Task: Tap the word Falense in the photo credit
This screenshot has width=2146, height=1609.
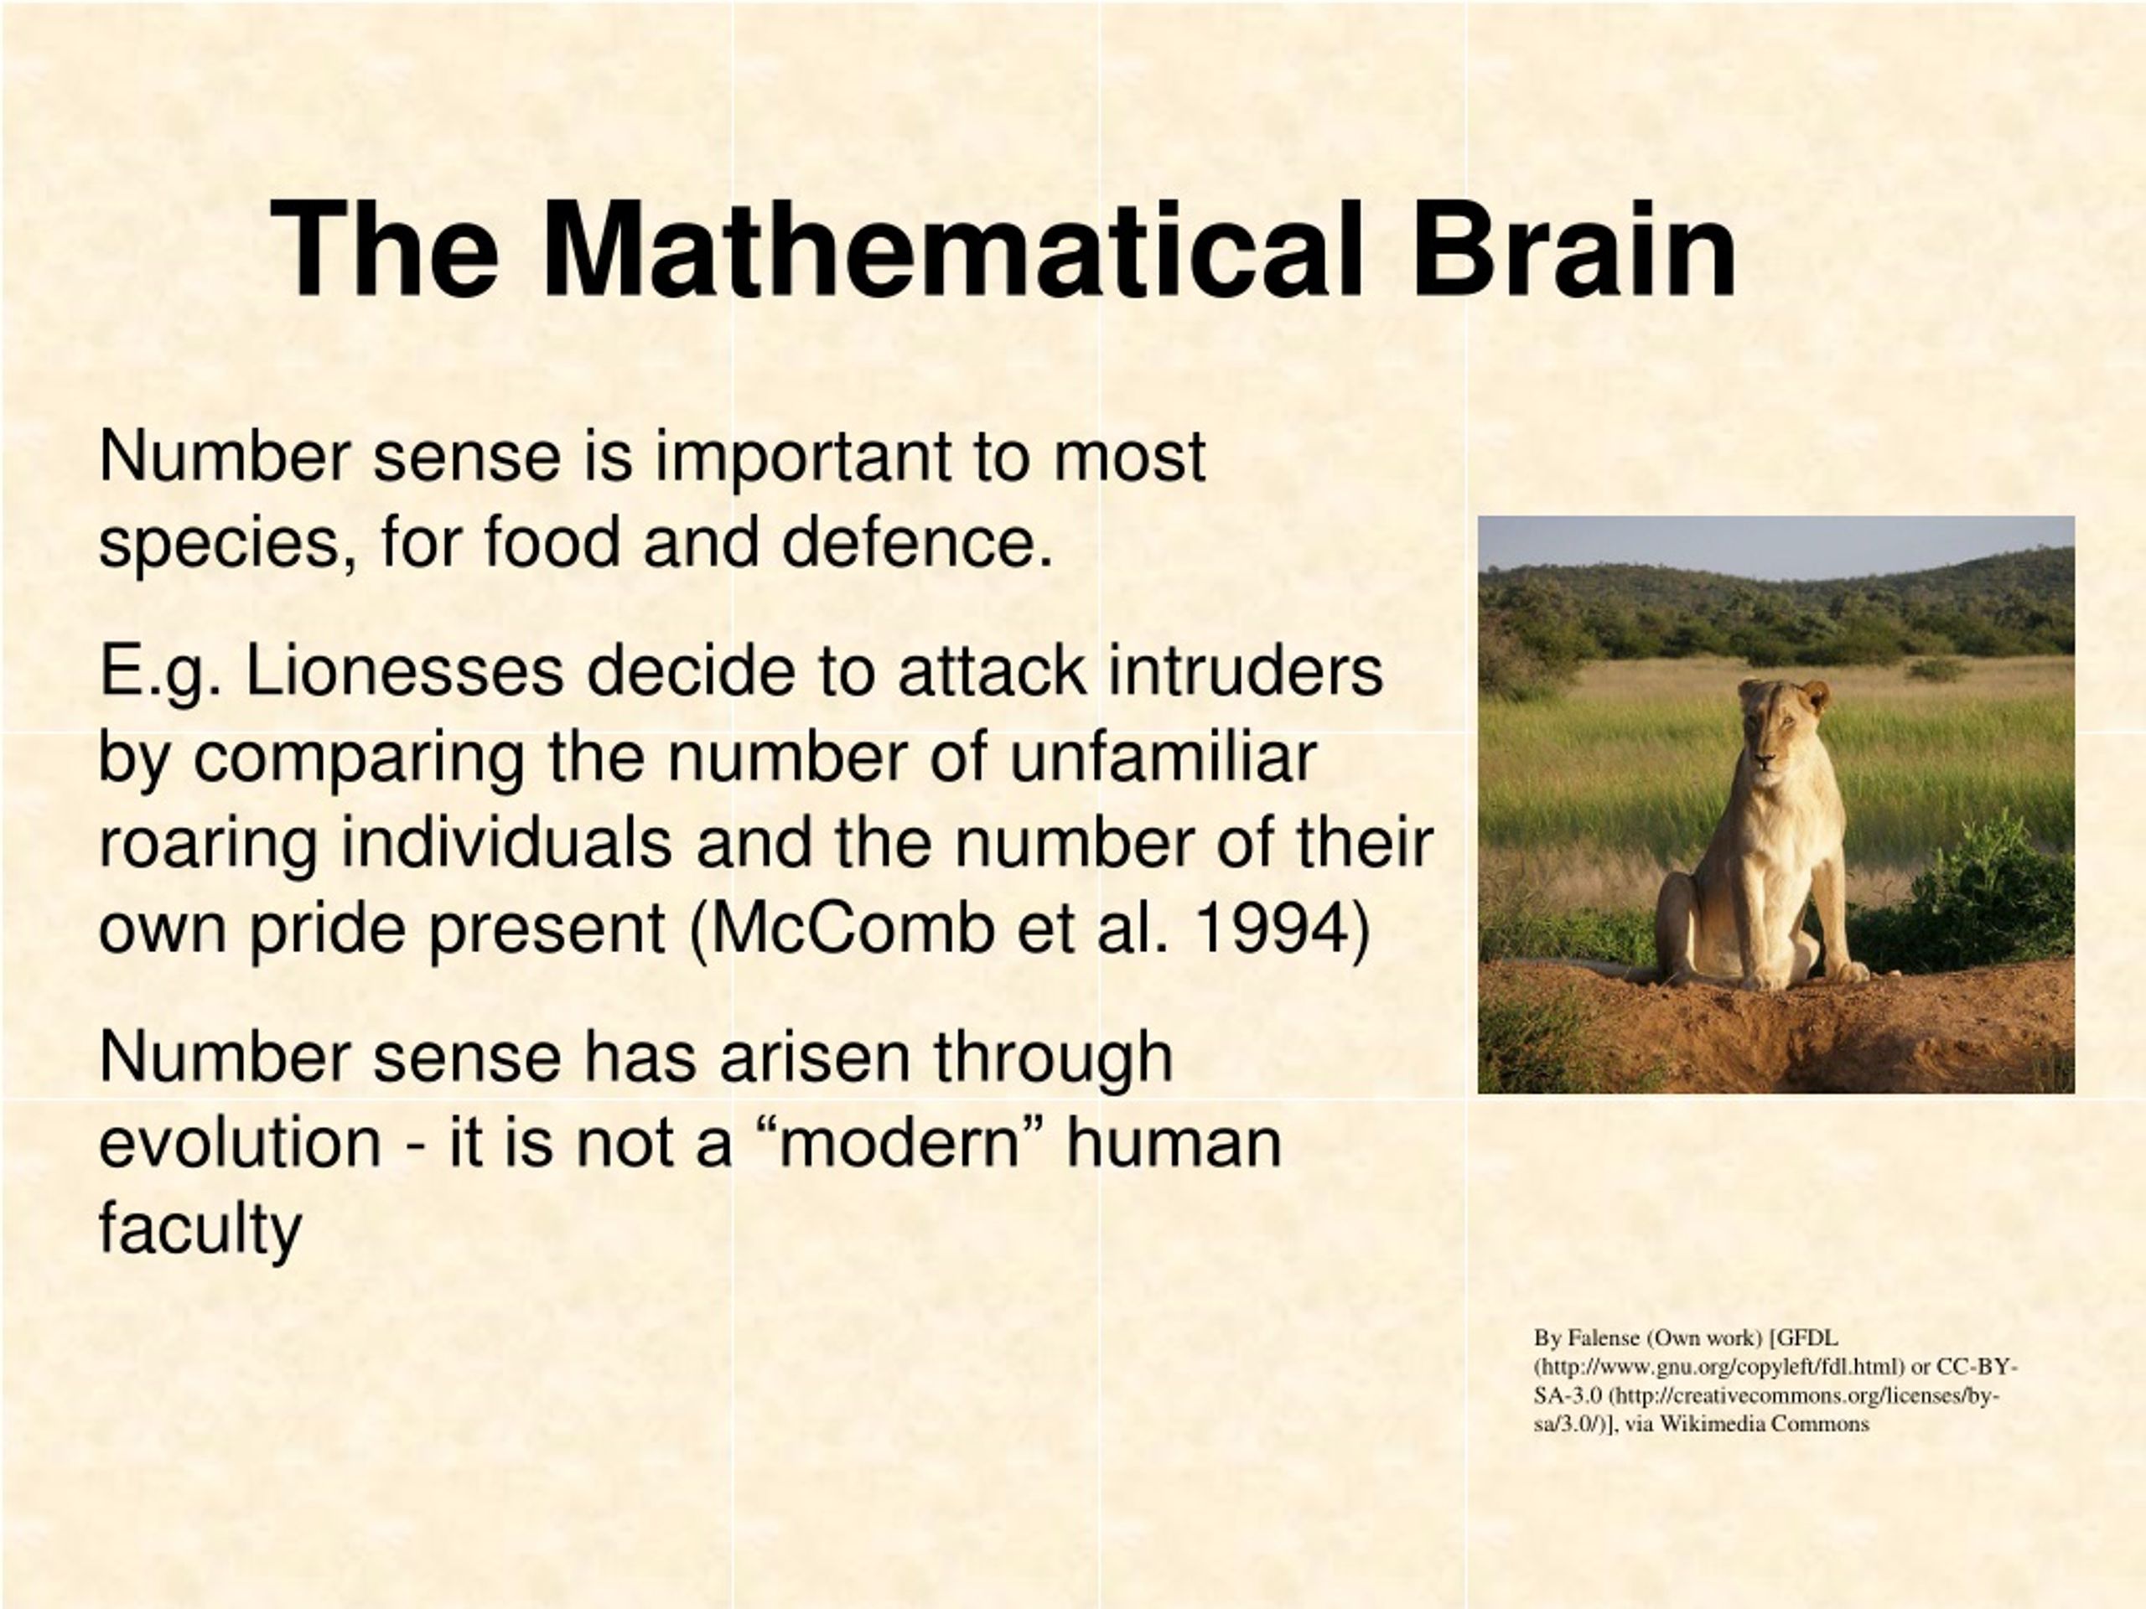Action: (1603, 1338)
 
